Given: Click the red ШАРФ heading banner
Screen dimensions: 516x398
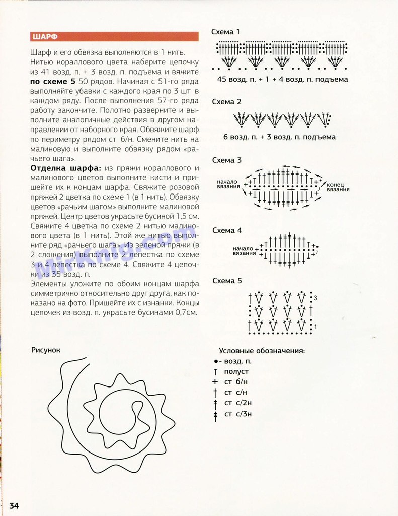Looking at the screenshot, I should tap(114, 37).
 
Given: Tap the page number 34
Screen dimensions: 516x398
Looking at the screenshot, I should tap(14, 505).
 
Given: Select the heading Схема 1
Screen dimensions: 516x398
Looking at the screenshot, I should tap(226, 32).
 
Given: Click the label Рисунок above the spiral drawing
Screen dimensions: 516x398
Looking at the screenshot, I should tap(46, 350).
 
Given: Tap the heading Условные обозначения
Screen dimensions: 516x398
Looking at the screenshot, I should tap(262, 351).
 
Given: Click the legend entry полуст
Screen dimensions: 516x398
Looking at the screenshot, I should tap(236, 371).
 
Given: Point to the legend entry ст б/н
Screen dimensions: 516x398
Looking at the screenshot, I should tap(235, 382).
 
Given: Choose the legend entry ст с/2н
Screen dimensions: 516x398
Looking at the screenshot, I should tap(237, 403).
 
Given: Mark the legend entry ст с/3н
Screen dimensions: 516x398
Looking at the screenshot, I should tap(237, 414).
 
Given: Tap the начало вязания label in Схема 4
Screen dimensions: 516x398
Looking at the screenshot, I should tap(244, 251).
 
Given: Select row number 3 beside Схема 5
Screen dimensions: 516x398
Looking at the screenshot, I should tap(315, 298).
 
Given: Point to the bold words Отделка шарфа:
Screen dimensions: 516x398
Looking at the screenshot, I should tap(65, 168).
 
